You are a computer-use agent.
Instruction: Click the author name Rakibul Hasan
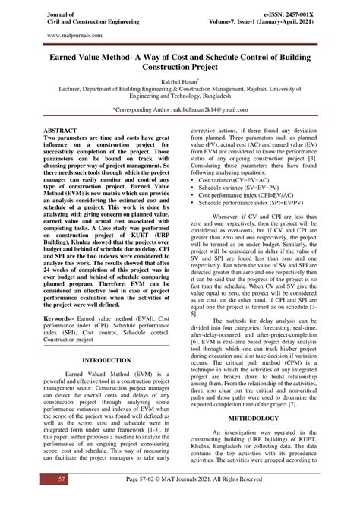177,78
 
